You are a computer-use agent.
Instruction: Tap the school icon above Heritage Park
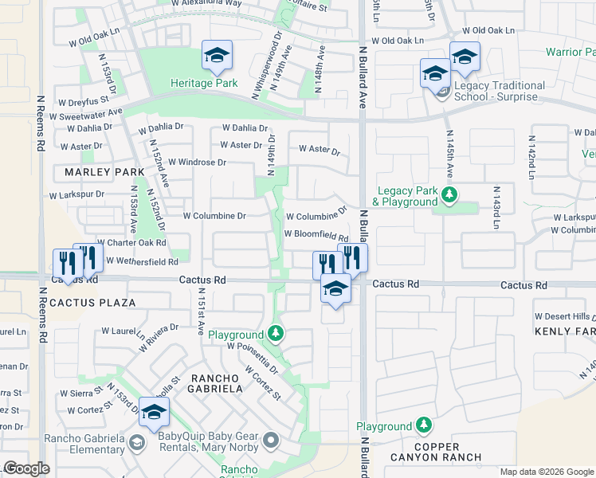pyautogui.click(x=216, y=56)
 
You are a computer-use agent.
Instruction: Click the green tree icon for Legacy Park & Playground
pyautogui.click(x=450, y=194)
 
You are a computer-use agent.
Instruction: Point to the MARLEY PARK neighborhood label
pyautogui.click(x=99, y=172)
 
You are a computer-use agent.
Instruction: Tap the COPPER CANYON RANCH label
pyautogui.click(x=435, y=451)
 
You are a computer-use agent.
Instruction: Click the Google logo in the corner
pyautogui.click(x=25, y=468)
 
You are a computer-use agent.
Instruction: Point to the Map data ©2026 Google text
pyautogui.click(x=546, y=472)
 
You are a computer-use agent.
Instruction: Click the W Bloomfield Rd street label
pyautogui.click(x=316, y=237)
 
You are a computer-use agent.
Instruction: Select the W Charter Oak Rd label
pyautogui.click(x=131, y=242)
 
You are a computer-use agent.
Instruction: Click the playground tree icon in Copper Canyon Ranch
pyautogui.click(x=424, y=426)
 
